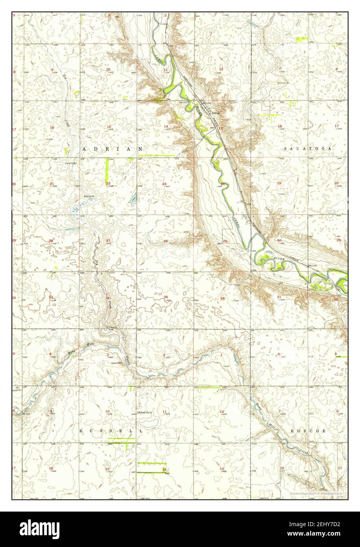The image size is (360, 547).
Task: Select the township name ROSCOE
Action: [x=308, y=431]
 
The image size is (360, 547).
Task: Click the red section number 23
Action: [x=164, y=184]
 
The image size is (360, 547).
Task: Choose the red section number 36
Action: [x=223, y=298]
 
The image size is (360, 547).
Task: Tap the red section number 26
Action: [x=166, y=241]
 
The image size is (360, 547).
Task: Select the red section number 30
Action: [x=279, y=240]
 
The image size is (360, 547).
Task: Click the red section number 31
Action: [x=279, y=297]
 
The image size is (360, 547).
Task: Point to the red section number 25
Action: [x=225, y=241]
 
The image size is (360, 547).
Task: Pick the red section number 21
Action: [x=52, y=184]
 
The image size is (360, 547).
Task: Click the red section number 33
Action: [x=51, y=297]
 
